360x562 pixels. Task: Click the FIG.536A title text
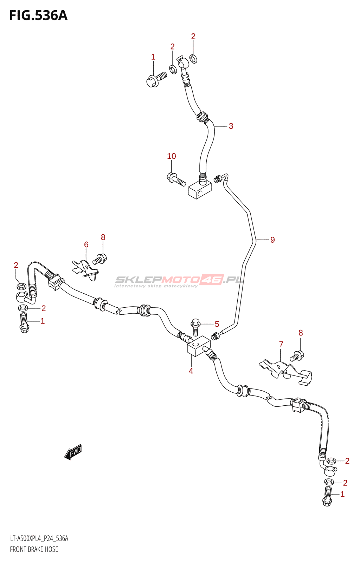tap(38, 15)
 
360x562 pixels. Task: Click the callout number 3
tap(231, 126)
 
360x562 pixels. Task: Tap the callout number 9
tap(272, 240)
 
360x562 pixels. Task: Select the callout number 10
tap(172, 156)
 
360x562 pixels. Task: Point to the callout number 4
tap(191, 371)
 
